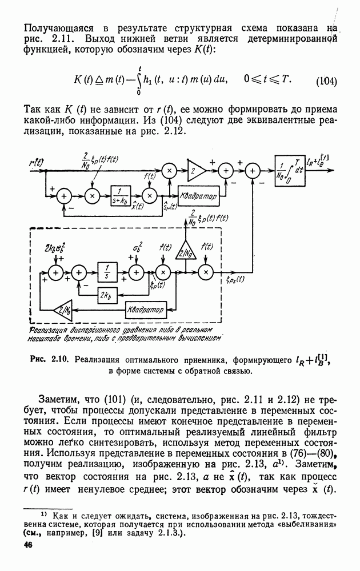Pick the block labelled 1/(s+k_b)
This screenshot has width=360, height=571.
pos(121,195)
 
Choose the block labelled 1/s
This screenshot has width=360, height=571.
pos(106,273)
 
